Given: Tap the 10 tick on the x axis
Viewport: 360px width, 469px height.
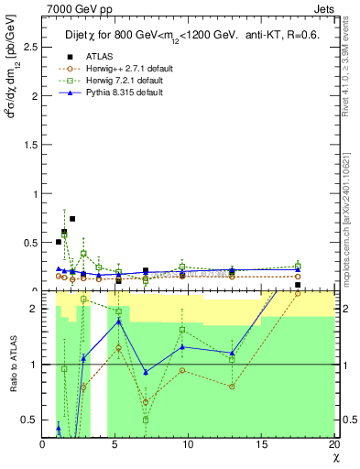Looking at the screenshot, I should pos(188,444).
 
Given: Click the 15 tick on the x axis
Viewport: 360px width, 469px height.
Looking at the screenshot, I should pos(261,444).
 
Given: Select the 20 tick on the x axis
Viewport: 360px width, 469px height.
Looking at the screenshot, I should pos(333,444).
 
